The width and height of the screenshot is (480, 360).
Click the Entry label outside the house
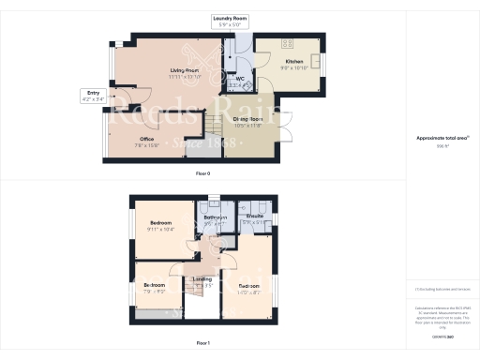93,93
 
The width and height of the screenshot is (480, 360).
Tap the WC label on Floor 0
239,81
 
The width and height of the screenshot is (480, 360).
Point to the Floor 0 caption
202,174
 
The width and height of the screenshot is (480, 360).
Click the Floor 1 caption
202,344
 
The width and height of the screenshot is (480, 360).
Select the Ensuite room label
254,217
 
